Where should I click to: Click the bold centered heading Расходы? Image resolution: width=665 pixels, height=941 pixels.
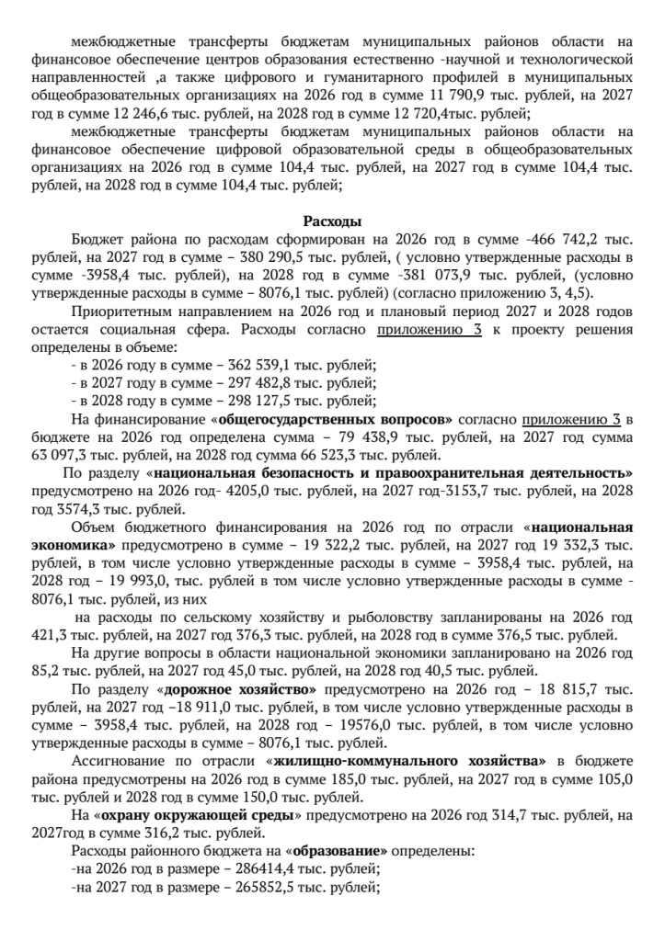click(x=332, y=221)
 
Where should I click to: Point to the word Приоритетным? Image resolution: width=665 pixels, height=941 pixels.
click(x=114, y=311)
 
